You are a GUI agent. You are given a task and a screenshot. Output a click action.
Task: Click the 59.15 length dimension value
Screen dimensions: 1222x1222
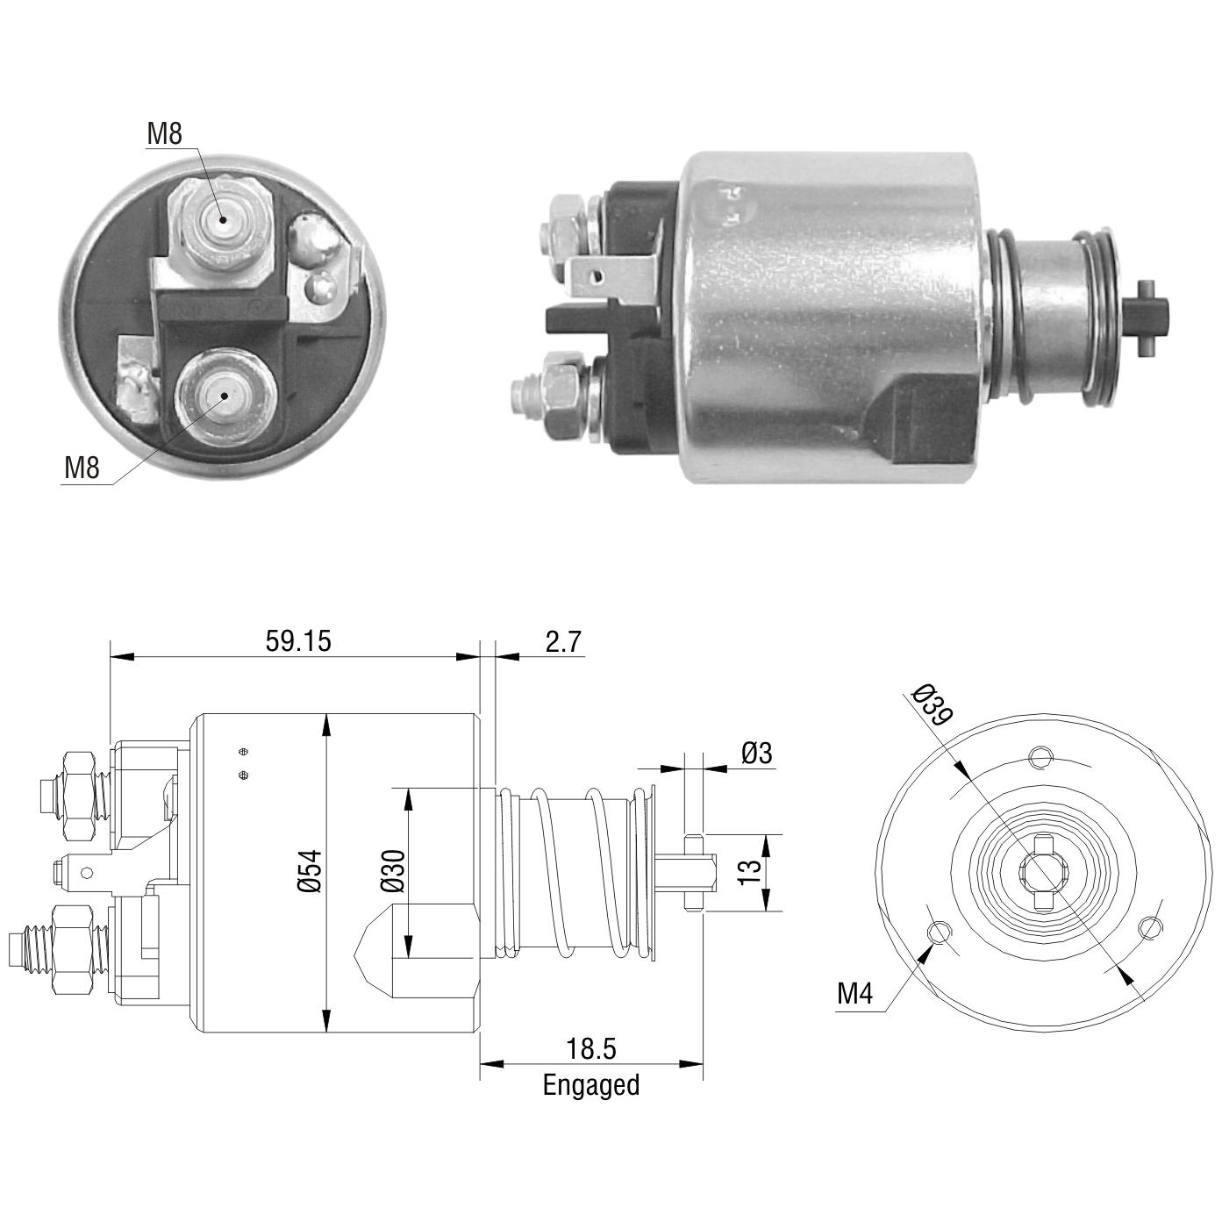(x=298, y=641)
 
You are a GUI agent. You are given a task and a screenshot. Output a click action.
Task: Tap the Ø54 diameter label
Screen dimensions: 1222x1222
(x=311, y=871)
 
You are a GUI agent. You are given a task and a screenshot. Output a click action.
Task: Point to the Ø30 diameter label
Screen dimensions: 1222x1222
(x=392, y=871)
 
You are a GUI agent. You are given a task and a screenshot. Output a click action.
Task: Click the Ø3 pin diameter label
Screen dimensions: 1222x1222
(x=756, y=754)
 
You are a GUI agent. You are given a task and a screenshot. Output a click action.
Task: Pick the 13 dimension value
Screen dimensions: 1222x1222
(x=749, y=873)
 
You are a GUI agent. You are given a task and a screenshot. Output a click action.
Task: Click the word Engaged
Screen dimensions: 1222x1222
(x=591, y=1085)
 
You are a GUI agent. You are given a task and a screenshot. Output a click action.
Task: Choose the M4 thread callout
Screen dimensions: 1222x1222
(x=854, y=994)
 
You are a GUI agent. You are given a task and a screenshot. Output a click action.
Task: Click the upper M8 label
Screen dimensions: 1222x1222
(x=165, y=134)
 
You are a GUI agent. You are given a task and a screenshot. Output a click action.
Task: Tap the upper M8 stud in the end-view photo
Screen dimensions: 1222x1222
(x=222, y=221)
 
